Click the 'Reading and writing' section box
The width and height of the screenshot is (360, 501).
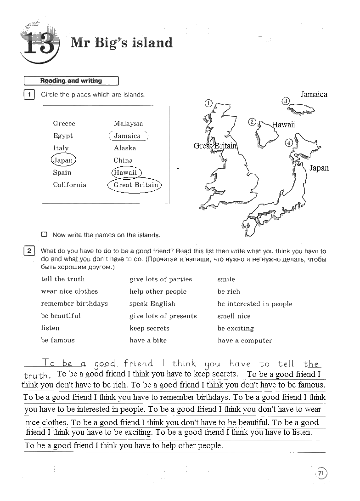click(x=71, y=81)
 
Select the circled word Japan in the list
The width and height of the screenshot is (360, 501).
click(x=63, y=160)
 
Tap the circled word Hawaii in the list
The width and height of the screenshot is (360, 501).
click(x=126, y=172)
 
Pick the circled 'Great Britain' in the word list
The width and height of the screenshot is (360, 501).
click(x=135, y=185)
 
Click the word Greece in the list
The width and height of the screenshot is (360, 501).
click(x=64, y=123)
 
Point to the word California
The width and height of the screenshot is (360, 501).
click(x=69, y=185)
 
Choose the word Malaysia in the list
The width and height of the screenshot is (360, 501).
click(x=128, y=123)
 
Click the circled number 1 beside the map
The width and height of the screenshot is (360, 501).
click(x=208, y=103)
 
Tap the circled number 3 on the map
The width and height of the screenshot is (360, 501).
click(x=286, y=101)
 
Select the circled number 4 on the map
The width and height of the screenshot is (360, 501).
click(x=289, y=143)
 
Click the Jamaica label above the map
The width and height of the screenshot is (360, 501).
click(x=314, y=94)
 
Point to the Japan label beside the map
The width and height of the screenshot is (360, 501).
click(x=319, y=168)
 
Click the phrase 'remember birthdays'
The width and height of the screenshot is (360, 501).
click(x=74, y=303)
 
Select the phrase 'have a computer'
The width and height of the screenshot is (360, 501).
click(x=245, y=341)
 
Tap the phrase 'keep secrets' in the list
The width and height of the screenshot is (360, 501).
click(x=149, y=328)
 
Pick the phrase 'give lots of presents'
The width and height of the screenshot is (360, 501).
click(x=163, y=316)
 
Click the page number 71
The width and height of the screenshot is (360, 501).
click(x=321, y=473)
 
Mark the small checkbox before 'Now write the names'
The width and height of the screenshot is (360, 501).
click(x=44, y=234)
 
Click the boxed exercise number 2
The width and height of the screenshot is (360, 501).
click(x=29, y=250)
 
